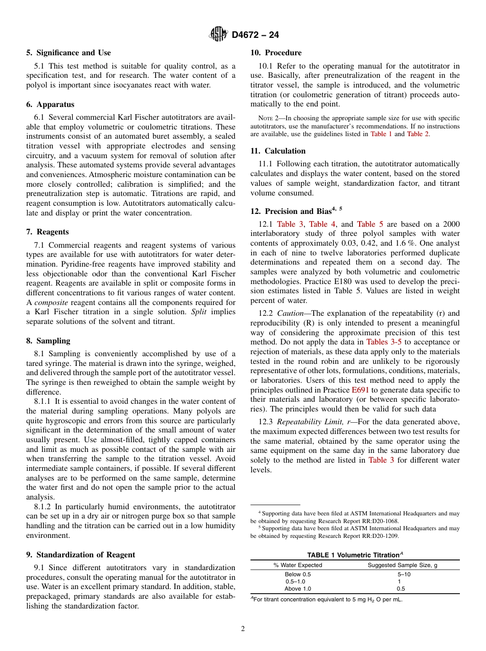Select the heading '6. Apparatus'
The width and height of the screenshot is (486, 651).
pos(50,104)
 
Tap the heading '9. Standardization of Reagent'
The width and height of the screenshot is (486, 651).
pos(81,555)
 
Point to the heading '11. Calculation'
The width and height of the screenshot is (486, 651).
pos(278,151)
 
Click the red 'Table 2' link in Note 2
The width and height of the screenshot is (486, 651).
pos(418,134)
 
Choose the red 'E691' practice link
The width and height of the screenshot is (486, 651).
pos(361,390)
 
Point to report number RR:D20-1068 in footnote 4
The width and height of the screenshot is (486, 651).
pos(379,522)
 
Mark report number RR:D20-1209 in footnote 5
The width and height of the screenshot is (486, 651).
pos(379,536)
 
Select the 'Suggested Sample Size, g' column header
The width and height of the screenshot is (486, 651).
pos(403,565)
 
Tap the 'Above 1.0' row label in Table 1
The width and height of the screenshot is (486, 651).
pos(298,589)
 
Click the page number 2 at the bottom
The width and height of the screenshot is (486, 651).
pos(243,629)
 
